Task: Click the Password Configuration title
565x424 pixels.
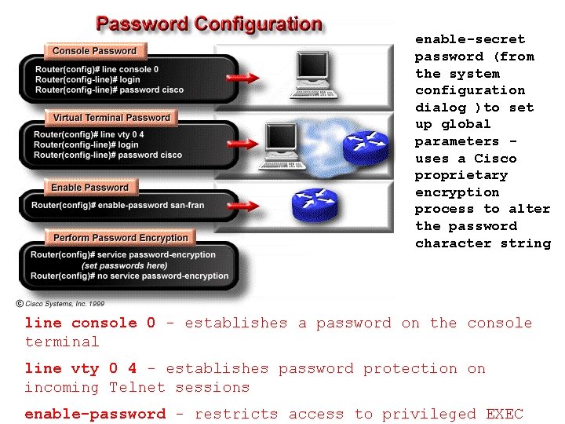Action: (209, 24)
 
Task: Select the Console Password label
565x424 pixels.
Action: (94, 51)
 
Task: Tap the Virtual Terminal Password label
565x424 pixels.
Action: (111, 118)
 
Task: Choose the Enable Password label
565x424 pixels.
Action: (89, 188)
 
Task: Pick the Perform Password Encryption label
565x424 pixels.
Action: (121, 237)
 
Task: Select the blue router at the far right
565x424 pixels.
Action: (370, 148)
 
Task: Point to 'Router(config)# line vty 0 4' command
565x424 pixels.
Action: (89, 134)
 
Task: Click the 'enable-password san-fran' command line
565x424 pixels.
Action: (118, 206)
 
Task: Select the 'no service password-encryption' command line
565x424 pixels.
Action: (129, 276)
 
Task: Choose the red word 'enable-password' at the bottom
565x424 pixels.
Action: (95, 414)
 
